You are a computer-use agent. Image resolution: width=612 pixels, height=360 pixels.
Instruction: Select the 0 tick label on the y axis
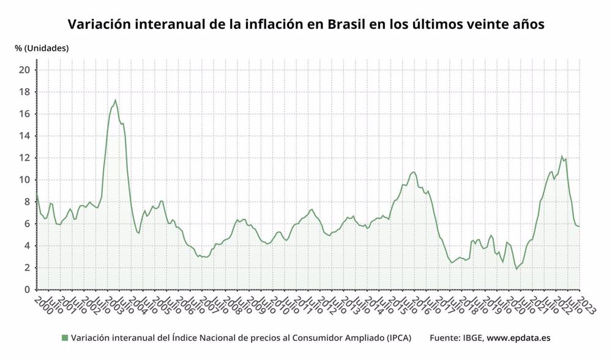coord(28,290)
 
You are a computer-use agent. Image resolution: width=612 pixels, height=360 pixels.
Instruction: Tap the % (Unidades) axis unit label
coord(42,48)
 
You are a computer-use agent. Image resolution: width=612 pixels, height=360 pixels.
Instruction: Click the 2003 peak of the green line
coord(115,100)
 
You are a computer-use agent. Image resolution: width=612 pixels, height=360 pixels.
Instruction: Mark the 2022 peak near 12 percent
coord(562,157)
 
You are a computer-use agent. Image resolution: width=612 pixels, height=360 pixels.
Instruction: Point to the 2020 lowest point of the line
coord(517,269)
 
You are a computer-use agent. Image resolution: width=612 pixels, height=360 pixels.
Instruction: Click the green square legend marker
coord(65,338)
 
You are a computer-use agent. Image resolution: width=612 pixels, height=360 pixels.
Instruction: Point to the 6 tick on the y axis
coord(28,224)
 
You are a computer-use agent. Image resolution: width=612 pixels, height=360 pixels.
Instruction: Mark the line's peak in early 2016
coord(414,172)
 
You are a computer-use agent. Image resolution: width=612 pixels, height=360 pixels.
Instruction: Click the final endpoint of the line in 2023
coord(580,226)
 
